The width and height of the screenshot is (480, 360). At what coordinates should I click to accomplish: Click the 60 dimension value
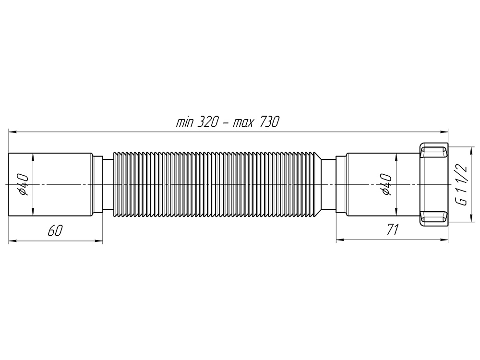(x=54, y=231)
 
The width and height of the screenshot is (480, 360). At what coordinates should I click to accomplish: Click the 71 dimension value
(x=393, y=231)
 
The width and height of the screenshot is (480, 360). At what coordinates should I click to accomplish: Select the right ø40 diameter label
(x=387, y=185)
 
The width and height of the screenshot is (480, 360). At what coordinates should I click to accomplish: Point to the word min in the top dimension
(x=184, y=122)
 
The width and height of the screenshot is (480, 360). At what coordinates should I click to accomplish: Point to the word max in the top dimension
(x=243, y=122)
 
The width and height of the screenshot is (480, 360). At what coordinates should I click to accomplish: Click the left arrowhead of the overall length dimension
(x=12, y=130)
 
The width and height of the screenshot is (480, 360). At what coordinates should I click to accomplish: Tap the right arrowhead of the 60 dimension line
(x=100, y=241)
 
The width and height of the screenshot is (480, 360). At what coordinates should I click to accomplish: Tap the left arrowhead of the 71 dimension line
(x=338, y=241)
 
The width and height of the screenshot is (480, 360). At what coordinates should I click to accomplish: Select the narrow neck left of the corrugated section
(x=108, y=185)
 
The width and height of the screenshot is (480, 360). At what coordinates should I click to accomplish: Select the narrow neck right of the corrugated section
(x=328, y=185)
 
